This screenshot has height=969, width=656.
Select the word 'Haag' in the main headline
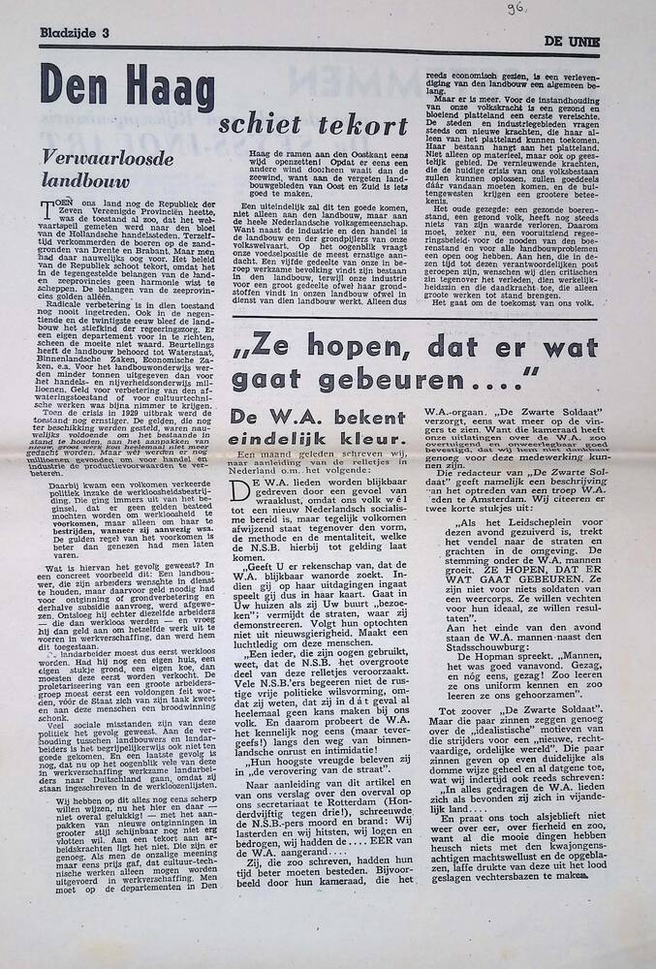pos(160,89)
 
